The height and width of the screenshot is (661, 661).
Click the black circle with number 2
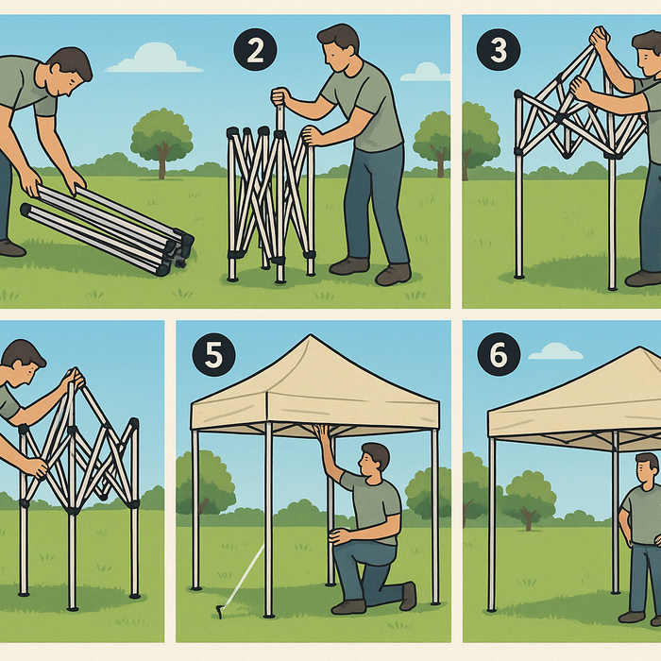pyautogui.click(x=254, y=51)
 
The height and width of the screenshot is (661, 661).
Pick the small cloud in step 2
pyautogui.click(x=424, y=72)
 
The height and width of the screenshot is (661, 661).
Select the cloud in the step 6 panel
pyautogui.click(x=555, y=351)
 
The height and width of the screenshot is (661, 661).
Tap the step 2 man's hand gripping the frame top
pyautogui.click(x=280, y=96)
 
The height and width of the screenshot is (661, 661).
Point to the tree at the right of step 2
pyautogui.click(x=433, y=138)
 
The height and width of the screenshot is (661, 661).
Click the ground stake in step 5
pyautogui.click(x=219, y=612)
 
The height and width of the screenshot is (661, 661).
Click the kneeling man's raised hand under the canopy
pyautogui.click(x=322, y=432)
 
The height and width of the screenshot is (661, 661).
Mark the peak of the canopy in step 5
pyautogui.click(x=313, y=337)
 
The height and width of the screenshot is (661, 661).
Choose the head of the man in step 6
pyautogui.click(x=647, y=467)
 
